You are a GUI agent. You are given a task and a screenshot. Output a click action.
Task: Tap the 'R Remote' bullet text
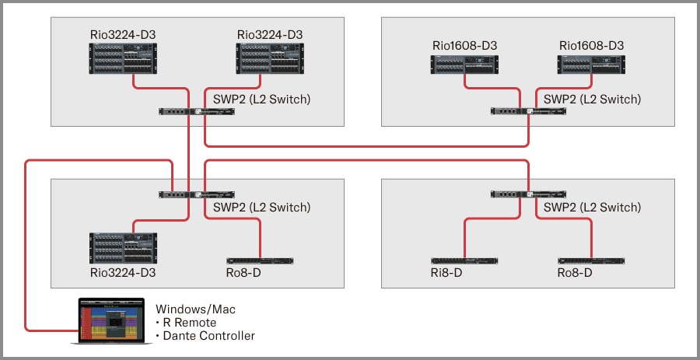190,323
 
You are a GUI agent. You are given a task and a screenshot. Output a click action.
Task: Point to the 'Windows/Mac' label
195,309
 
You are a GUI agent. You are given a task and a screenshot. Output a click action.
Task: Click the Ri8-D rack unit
464,260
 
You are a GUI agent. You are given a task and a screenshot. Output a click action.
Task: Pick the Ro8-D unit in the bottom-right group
591,260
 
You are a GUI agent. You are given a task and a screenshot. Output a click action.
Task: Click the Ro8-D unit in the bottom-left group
260,260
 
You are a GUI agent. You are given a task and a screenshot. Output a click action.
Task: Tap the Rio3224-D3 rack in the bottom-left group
123,248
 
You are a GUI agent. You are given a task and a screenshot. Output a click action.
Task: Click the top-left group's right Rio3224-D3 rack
270,58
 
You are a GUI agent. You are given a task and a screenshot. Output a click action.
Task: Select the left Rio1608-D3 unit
464,65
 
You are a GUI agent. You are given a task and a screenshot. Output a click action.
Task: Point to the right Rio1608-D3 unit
591,65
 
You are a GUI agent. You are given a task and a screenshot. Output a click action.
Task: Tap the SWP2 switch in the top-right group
528,111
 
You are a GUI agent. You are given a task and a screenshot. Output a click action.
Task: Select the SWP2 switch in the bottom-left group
197,194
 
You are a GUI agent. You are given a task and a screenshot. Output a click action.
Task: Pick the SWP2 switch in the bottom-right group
528,194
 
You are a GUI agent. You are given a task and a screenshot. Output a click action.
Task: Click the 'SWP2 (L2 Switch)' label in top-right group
593,100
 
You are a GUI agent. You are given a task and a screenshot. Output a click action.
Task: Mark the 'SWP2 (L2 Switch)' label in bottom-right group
593,208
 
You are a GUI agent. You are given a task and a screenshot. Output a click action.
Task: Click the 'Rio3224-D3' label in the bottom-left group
123,274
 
